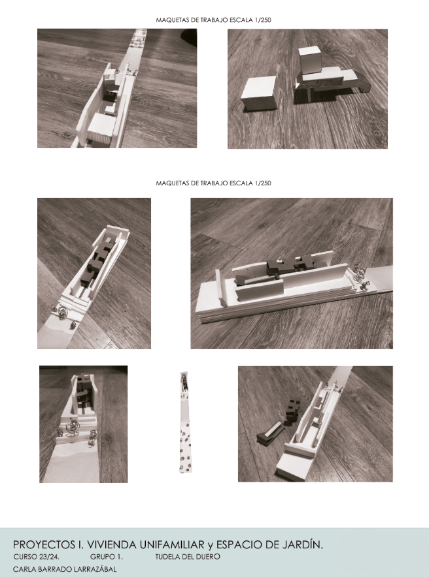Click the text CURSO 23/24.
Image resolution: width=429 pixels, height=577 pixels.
coord(36,557)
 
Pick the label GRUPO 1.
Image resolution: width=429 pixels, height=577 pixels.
coord(106,557)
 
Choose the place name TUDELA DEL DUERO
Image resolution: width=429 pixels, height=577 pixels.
coord(188,557)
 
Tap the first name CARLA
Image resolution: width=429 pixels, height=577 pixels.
coord(23,569)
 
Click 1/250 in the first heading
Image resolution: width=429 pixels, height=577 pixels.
coord(262,20)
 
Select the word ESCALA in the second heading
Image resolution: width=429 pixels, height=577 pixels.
coord(241,183)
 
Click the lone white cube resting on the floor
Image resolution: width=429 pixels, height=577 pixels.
coord(259,93)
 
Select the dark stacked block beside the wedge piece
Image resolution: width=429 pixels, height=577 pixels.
coord(294,411)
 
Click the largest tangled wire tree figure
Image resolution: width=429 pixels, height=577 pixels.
coord(72,426)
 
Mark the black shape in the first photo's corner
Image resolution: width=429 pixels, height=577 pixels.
coord(189,37)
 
